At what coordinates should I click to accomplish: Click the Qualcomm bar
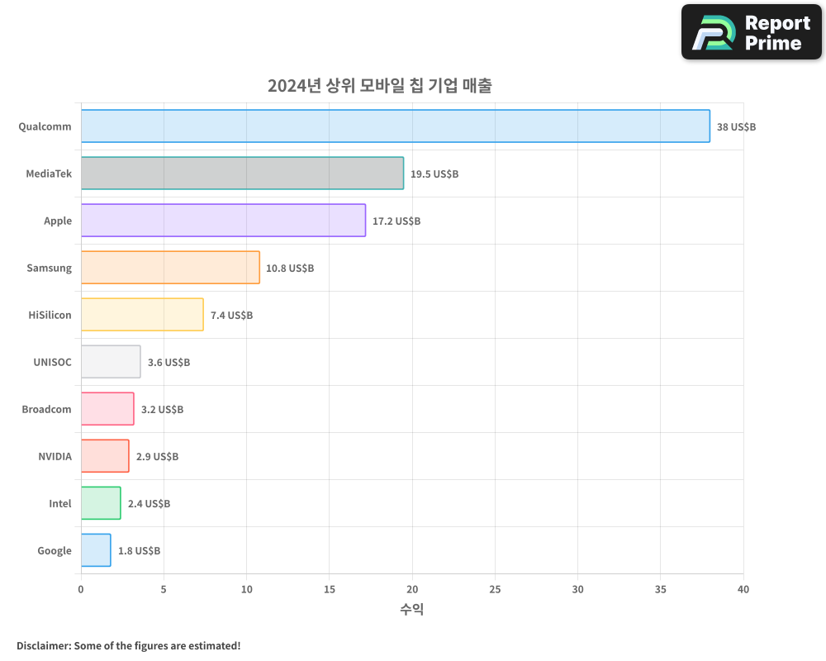395,126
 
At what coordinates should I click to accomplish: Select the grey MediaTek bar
242,174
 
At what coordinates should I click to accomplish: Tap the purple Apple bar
223,221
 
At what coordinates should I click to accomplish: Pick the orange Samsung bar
170,268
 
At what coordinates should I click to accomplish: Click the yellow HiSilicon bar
142,315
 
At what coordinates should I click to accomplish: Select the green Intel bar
101,503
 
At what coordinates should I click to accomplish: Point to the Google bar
96,550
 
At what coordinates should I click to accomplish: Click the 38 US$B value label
736,126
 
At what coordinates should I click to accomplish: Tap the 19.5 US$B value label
434,174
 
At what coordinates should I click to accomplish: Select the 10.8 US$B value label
290,268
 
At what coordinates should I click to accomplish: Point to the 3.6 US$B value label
169,362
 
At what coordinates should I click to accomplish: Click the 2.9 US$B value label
157,456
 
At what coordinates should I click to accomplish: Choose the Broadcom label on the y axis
46,409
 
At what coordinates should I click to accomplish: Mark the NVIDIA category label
55,456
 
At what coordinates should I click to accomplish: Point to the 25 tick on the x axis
495,589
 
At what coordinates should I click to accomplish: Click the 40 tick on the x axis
743,589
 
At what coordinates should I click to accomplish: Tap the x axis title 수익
412,610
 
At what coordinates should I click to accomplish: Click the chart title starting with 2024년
379,86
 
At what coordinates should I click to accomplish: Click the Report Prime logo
752,32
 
